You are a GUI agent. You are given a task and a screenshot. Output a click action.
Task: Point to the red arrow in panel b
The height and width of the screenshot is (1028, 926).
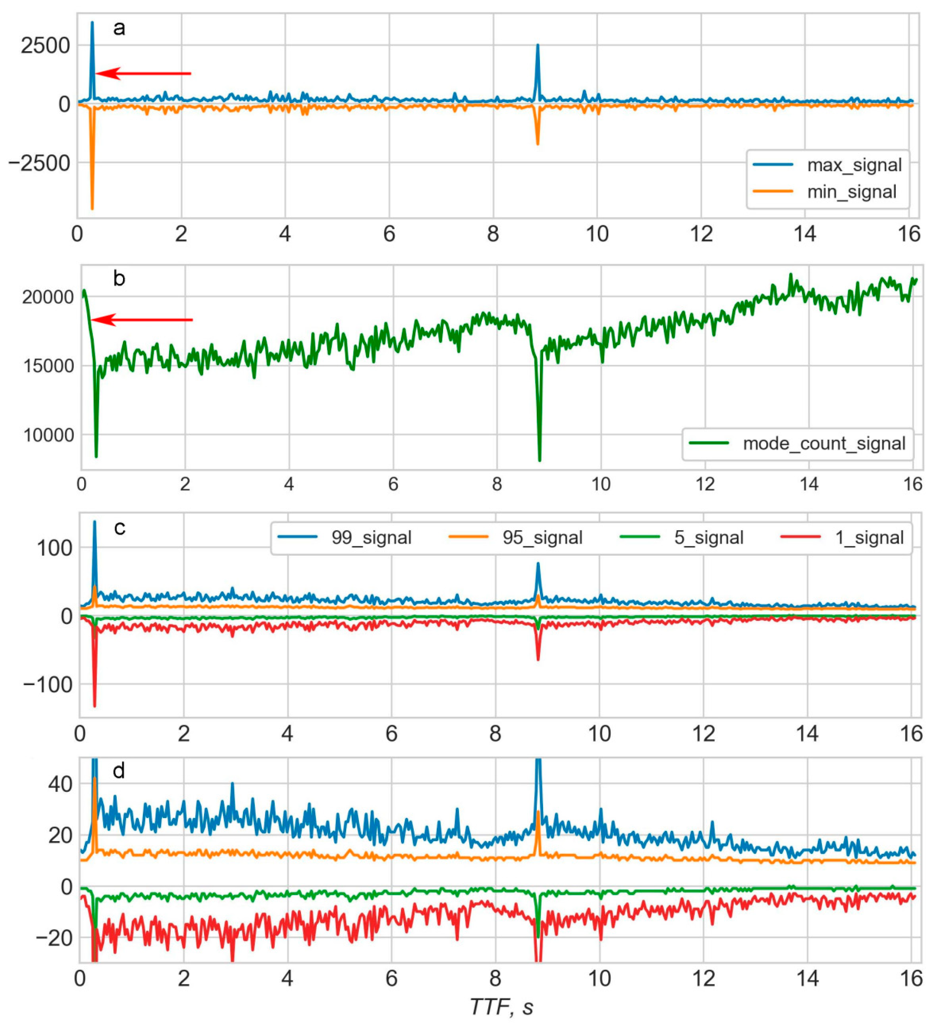pyautogui.click(x=143, y=320)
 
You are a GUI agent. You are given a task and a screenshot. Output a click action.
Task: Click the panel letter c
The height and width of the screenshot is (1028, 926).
pyautogui.click(x=120, y=528)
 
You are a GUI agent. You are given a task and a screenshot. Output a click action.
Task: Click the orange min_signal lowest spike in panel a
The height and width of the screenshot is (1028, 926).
pyautogui.click(x=92, y=208)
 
